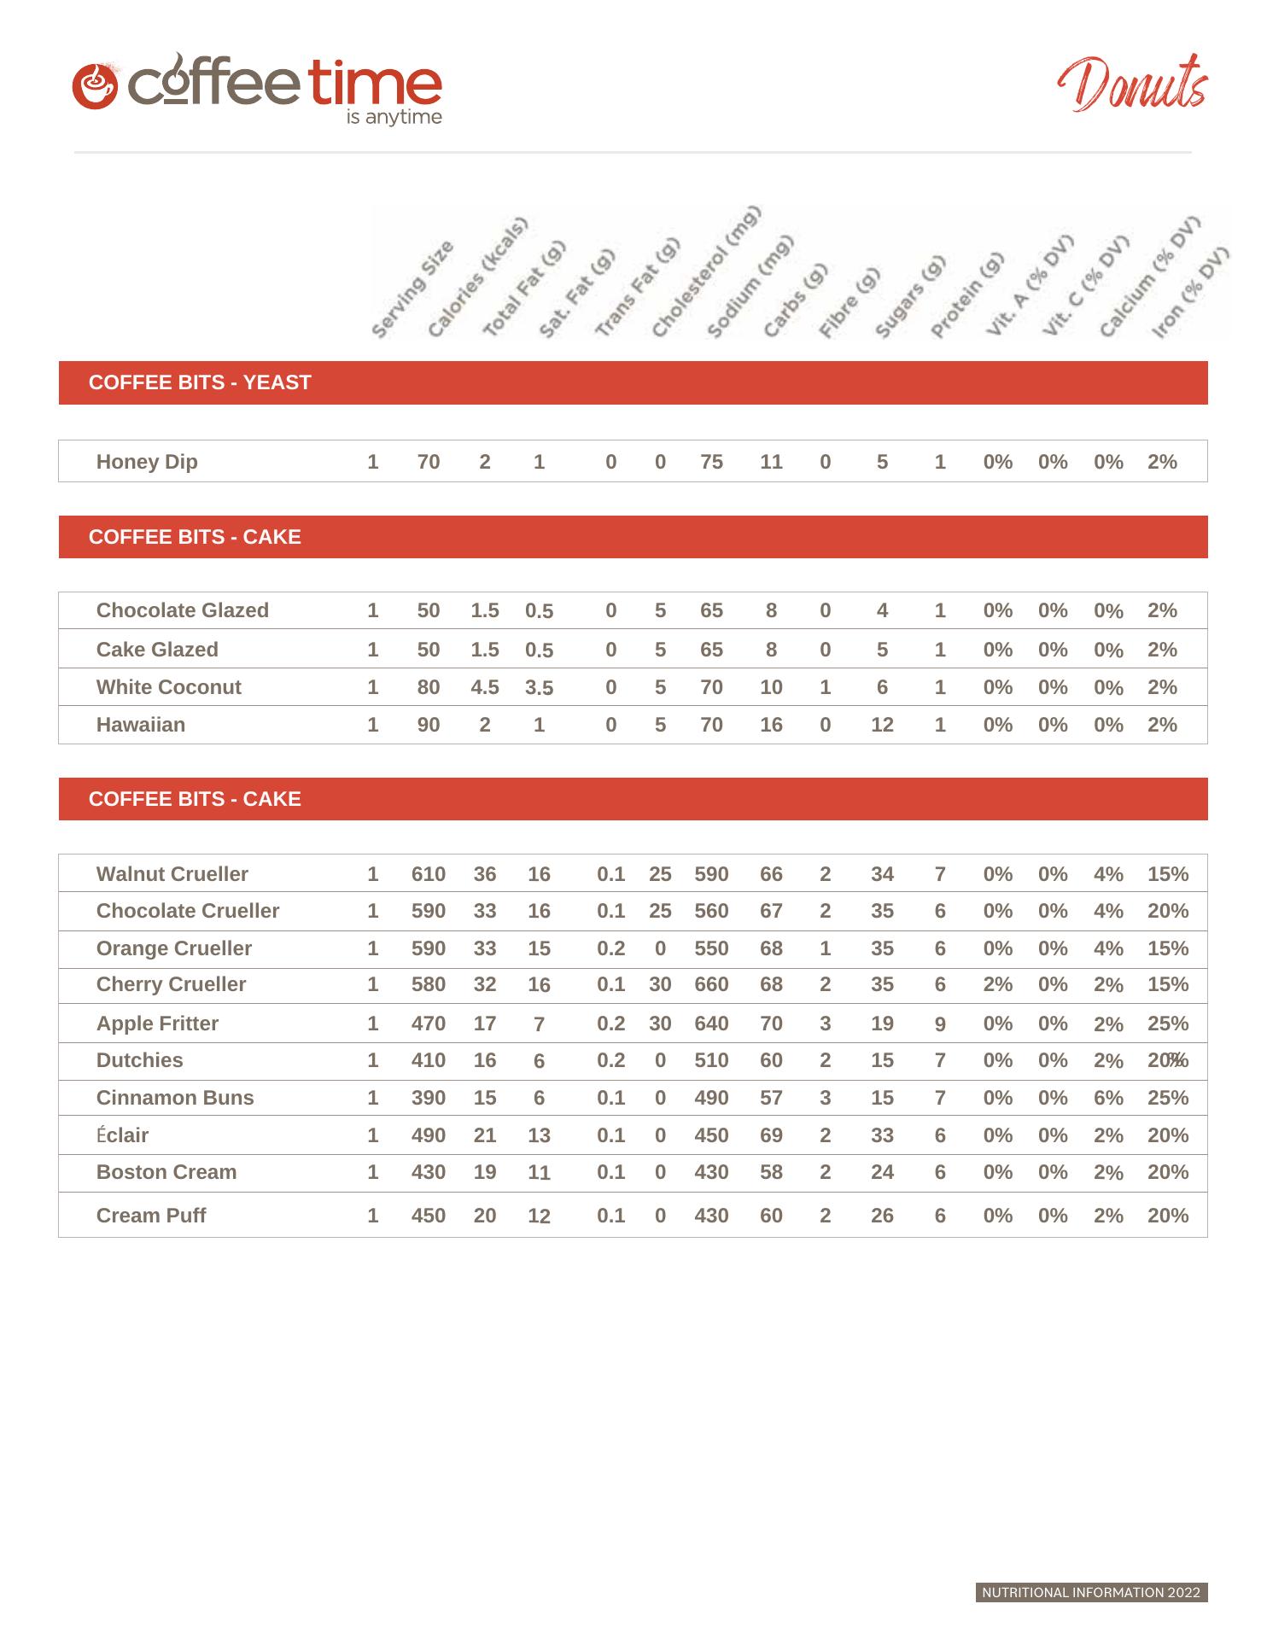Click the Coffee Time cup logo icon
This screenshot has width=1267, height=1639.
point(95,85)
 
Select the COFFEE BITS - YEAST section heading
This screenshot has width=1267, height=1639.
point(200,382)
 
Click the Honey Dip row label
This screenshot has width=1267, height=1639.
point(147,462)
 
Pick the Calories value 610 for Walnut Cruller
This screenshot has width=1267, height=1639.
point(428,874)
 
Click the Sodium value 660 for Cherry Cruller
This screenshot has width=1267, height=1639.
point(711,984)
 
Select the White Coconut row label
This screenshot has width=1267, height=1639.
point(169,687)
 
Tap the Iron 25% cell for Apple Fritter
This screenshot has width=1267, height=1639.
point(1167,1024)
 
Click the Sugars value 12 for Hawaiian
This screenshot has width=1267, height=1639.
point(882,725)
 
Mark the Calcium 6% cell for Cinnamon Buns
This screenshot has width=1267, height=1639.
point(1108,1098)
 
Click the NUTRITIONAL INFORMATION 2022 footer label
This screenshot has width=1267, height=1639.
point(1091,1592)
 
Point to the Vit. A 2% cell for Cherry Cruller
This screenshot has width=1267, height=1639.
point(997,984)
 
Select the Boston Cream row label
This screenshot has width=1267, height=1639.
point(166,1172)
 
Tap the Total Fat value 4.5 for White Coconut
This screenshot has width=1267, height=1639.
point(484,687)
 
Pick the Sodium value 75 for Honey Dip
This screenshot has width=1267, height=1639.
point(711,462)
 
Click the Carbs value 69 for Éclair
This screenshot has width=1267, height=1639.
point(771,1135)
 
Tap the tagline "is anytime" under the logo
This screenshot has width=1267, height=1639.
point(394,117)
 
